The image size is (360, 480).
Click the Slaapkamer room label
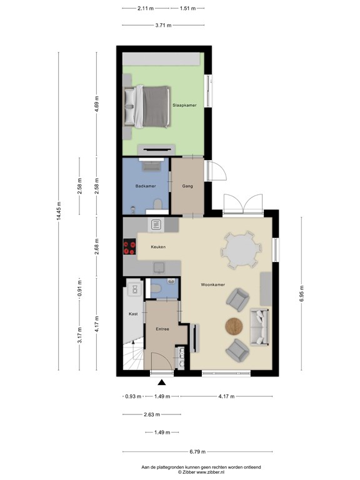pos(184,105)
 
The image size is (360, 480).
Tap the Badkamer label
pos(146,186)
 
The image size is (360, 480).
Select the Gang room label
pos(187,186)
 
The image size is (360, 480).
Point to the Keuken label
pos(158,247)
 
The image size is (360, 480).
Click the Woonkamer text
pos(212,285)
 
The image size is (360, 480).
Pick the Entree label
pos(162,329)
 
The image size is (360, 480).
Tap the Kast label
pos(133,314)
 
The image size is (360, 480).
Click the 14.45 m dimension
pos(59,211)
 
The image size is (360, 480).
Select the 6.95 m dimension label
pos(301,294)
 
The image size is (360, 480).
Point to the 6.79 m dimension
pos(197,451)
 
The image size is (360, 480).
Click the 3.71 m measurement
pos(163,25)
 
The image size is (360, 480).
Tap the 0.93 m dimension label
pos(133,396)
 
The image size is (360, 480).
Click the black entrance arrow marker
pos(162,382)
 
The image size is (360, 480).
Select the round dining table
pos(241,250)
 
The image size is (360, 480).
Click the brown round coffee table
pos(234,326)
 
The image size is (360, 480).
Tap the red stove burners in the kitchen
pos(130,247)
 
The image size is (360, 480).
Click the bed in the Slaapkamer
pos(147,106)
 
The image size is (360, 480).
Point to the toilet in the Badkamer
pos(157,204)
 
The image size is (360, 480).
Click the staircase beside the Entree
pos(133,355)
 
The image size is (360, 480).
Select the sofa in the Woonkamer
pos(259,327)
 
